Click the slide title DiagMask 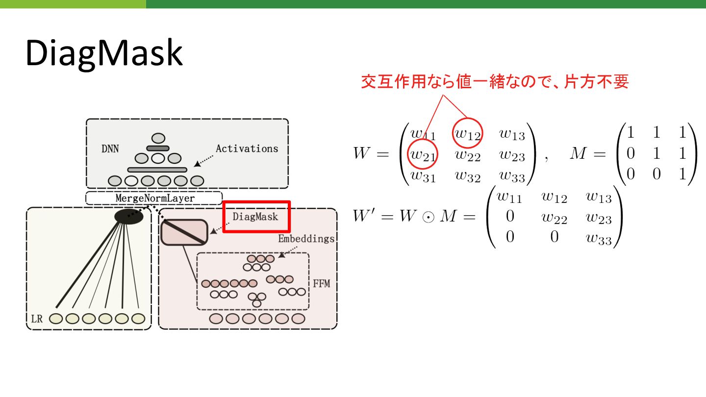click(x=104, y=53)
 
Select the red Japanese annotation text click(x=495, y=81)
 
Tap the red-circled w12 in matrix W click(x=468, y=132)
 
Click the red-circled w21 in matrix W click(x=423, y=155)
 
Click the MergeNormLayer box click(x=154, y=198)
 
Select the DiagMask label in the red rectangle click(x=255, y=216)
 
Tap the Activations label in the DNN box click(x=247, y=148)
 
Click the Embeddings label click(x=306, y=239)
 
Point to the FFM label click(x=321, y=283)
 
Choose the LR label click(x=37, y=319)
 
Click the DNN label click(x=110, y=148)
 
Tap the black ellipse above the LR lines click(x=128, y=216)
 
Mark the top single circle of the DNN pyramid click(x=158, y=138)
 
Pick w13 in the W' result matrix click(x=599, y=197)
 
